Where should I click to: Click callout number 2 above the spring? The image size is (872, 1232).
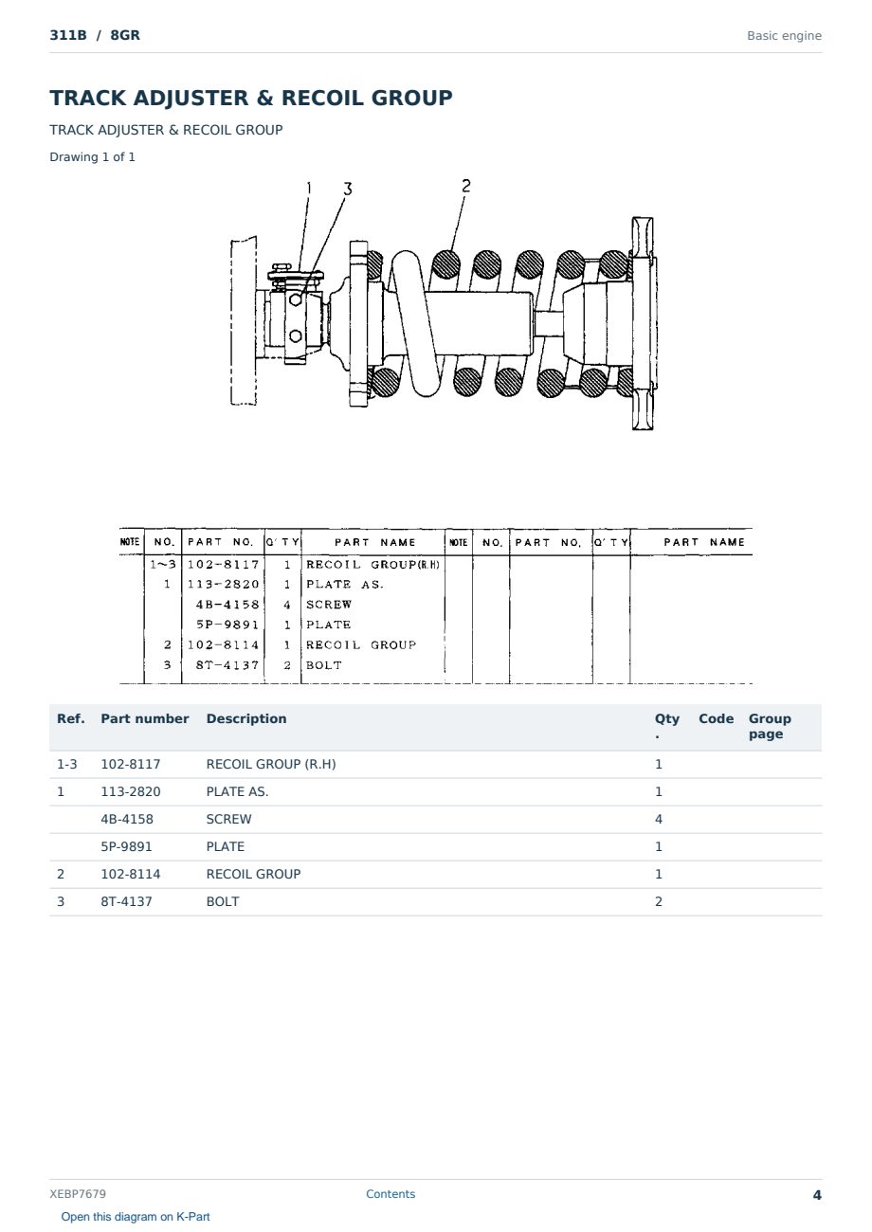tap(466, 186)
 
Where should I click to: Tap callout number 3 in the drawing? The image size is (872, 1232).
tap(347, 190)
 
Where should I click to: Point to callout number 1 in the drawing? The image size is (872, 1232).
tap(309, 188)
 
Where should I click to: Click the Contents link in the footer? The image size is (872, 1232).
tap(391, 1193)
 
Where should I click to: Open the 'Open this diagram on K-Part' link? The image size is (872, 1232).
tap(136, 1216)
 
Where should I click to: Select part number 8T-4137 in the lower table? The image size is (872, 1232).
tap(126, 901)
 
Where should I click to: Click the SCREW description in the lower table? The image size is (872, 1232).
tap(228, 819)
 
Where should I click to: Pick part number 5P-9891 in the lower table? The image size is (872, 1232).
tap(126, 846)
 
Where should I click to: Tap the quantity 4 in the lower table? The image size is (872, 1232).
tap(658, 819)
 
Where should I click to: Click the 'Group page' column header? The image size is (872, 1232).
tap(770, 726)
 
